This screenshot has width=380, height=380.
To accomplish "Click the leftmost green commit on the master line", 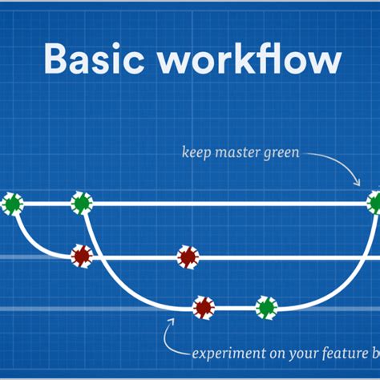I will [11, 204].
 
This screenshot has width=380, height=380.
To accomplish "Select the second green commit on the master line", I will [81, 204].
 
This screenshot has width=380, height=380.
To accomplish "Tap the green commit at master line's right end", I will [374, 204].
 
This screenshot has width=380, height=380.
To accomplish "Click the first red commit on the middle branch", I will [81, 257].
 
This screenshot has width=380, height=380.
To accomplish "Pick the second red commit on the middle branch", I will [188, 257].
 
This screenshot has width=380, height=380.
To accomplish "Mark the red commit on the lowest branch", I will [204, 307].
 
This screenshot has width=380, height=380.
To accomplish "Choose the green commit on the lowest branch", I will [265, 307].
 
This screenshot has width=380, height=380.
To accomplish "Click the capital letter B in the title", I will [57, 61].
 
